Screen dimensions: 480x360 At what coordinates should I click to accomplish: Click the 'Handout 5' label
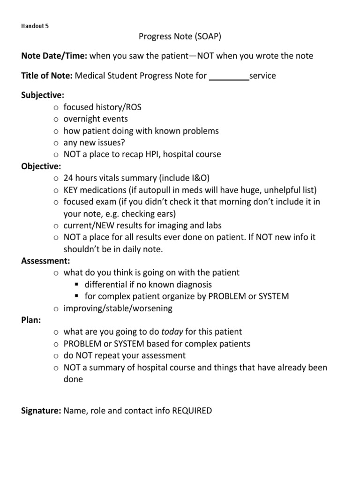click(35, 26)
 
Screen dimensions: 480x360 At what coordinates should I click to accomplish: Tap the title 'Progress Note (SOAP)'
click(180, 37)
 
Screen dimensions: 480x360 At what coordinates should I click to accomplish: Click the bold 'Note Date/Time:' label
click(54, 56)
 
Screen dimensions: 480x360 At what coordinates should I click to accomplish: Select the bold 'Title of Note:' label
click(47, 76)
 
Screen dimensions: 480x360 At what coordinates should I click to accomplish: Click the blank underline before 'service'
click(229, 76)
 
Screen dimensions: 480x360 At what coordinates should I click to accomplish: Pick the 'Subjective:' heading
click(43, 95)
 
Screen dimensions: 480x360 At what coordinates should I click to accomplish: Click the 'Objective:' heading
click(41, 166)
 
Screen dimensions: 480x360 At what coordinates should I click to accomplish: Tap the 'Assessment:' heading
click(45, 261)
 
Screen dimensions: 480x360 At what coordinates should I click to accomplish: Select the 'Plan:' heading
click(31, 320)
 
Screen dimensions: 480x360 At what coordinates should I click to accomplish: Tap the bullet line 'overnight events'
click(96, 119)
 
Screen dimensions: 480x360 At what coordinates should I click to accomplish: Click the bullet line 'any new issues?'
click(94, 142)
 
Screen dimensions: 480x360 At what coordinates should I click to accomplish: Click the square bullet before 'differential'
click(77, 285)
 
